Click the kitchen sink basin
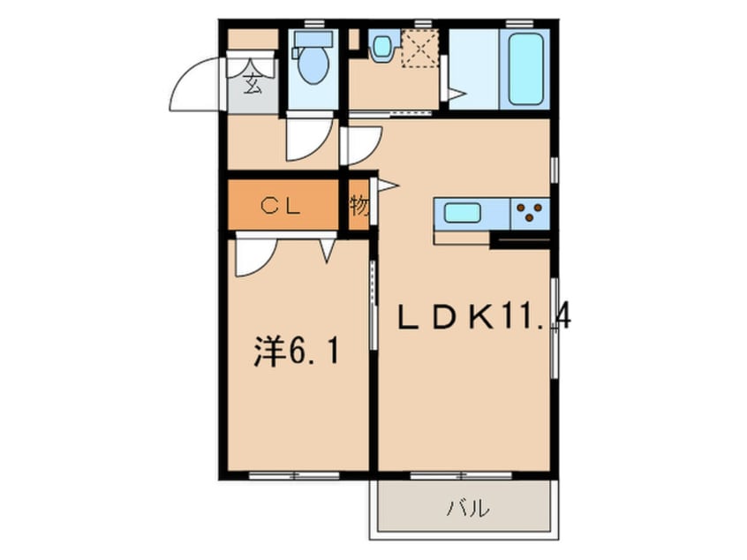click(463, 213)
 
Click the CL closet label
click(282, 205)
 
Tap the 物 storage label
click(358, 206)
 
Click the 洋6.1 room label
click(295, 352)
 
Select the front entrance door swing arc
click(192, 84)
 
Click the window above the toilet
click(311, 21)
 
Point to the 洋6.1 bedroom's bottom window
click(294, 475)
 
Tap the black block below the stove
click(520, 238)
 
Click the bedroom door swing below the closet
click(253, 255)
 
